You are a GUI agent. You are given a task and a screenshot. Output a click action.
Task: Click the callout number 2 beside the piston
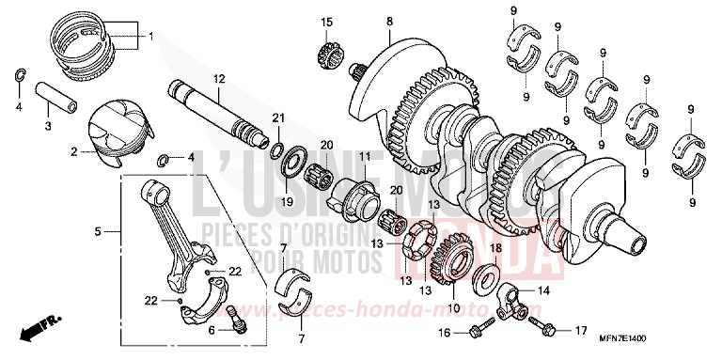(73, 150)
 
